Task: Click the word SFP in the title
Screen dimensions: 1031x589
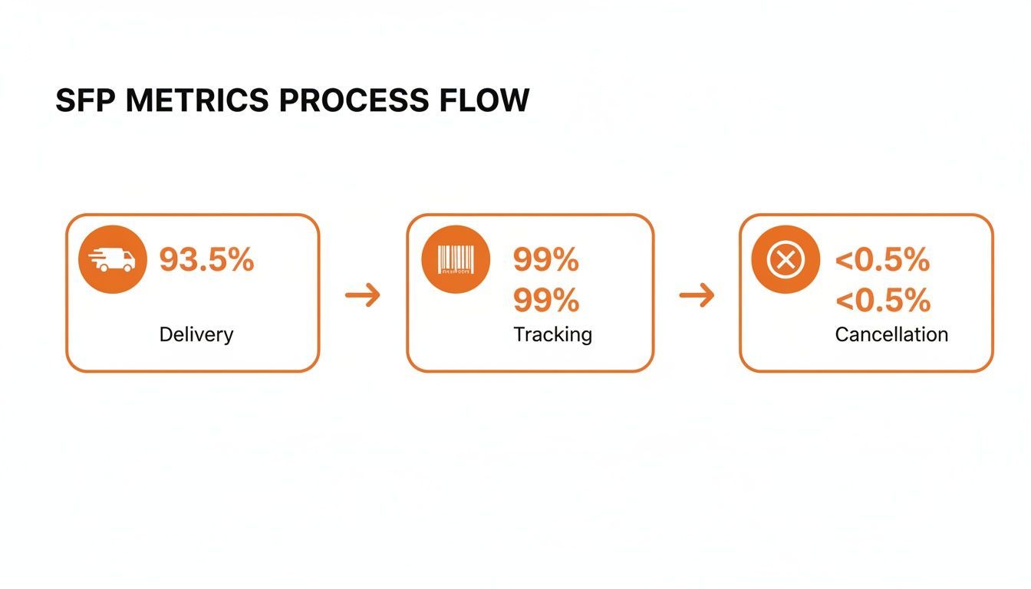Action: [84, 100]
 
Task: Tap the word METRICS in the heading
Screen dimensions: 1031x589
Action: [197, 100]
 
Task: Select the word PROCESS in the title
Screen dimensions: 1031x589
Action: [354, 100]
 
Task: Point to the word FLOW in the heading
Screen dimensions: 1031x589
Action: [484, 100]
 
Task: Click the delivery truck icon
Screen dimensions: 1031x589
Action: [112, 259]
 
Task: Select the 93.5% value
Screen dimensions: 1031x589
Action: [206, 260]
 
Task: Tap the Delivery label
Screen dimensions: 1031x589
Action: [196, 334]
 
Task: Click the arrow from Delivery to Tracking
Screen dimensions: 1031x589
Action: [363, 295]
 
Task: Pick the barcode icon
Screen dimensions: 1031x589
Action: [456, 259]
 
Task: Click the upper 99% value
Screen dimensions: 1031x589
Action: [546, 260]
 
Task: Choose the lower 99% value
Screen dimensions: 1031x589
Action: [546, 301]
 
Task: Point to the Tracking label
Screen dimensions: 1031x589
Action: [553, 334]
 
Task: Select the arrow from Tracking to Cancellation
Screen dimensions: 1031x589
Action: [697, 295]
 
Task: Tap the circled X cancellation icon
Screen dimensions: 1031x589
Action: [786, 259]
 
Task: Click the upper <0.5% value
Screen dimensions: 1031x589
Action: [882, 260]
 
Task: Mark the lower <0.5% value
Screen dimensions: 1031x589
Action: [883, 301]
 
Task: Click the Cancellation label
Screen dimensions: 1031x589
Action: [891, 334]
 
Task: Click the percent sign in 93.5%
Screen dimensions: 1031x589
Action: [240, 260]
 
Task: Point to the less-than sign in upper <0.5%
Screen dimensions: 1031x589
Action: [844, 261]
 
